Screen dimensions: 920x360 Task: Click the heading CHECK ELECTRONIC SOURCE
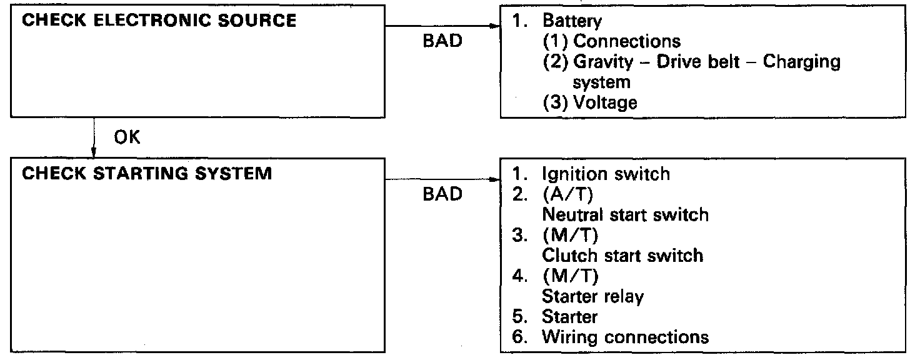(159, 20)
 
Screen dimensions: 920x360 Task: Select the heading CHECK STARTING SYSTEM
(147, 173)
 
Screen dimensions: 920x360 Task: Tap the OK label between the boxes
(127, 138)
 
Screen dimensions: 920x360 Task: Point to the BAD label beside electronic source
(442, 41)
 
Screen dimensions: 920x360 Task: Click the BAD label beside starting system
(442, 194)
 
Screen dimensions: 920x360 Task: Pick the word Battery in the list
(572, 21)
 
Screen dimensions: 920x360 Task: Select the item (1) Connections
(611, 41)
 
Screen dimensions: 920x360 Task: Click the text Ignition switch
(606, 173)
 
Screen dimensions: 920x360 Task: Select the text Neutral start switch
(625, 214)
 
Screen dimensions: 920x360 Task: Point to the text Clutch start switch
(622, 255)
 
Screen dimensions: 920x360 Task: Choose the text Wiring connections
(625, 337)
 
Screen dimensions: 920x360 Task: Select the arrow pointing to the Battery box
(444, 26)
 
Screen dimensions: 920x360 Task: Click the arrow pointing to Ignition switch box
(444, 179)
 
